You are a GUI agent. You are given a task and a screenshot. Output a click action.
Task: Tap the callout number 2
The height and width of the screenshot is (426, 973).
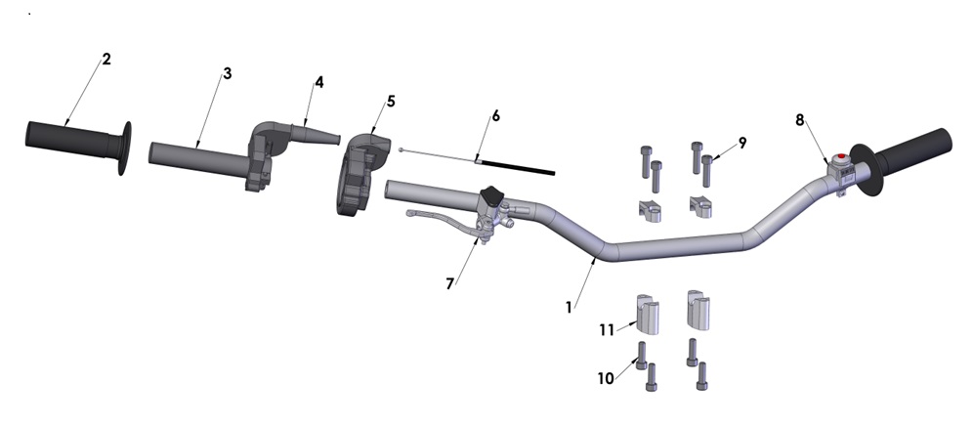point(106,60)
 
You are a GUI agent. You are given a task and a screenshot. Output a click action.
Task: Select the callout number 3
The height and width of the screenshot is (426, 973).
point(227,74)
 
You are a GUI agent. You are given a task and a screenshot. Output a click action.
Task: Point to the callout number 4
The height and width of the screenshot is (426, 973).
point(317,83)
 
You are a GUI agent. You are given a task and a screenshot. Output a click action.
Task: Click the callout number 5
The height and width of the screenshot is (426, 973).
point(391,101)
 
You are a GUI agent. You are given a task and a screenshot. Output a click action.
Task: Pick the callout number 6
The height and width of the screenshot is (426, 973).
point(495,115)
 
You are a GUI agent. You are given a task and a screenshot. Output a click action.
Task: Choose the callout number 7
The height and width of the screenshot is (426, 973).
point(450,283)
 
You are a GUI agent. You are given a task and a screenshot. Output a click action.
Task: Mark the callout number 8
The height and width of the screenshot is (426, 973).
point(800,120)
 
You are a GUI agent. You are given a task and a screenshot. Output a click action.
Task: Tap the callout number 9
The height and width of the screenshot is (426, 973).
point(742,143)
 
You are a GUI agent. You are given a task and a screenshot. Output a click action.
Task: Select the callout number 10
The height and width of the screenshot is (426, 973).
point(607,378)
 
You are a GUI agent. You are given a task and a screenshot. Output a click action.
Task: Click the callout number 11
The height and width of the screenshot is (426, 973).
point(607,330)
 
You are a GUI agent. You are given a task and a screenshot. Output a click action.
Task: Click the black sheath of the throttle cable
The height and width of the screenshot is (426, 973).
point(518,167)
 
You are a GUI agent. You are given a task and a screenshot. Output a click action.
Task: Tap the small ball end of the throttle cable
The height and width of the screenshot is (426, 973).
point(402,149)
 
